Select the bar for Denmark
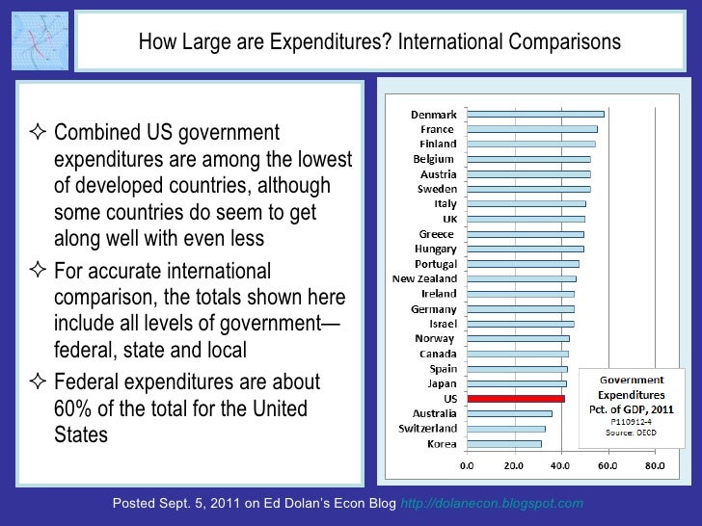[x=534, y=114]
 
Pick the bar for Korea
[x=502, y=444]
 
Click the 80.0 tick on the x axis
[x=655, y=466]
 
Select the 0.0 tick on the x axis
[x=466, y=466]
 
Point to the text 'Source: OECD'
[x=631, y=434]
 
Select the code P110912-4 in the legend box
[x=632, y=421]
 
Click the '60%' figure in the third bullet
[x=75, y=409]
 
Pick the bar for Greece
[x=525, y=233]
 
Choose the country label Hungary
[x=434, y=249]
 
